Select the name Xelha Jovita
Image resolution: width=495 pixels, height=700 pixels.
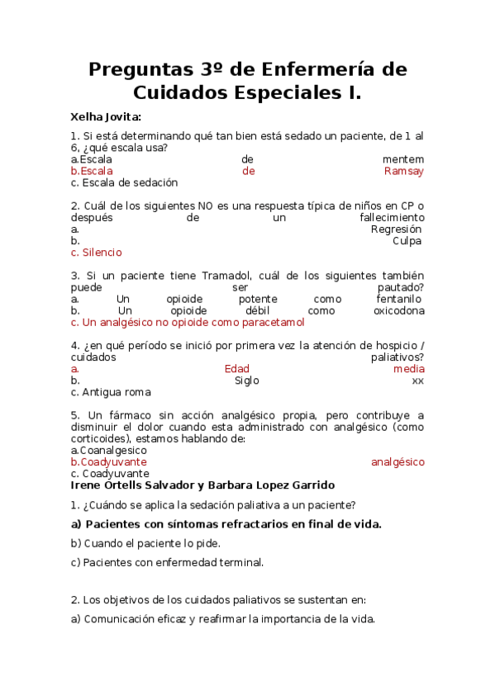(x=106, y=116)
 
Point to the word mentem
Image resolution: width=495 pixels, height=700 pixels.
(x=403, y=159)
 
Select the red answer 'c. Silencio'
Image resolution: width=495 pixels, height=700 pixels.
(x=96, y=253)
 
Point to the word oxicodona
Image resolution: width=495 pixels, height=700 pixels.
(x=398, y=310)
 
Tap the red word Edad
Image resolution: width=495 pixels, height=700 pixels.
(x=236, y=369)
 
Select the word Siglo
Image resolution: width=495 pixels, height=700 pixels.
(x=246, y=381)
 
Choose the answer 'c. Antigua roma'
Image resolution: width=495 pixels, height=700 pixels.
(x=110, y=392)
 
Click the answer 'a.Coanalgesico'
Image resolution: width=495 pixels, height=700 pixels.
(x=108, y=451)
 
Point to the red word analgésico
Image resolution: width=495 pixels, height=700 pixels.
(x=397, y=462)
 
